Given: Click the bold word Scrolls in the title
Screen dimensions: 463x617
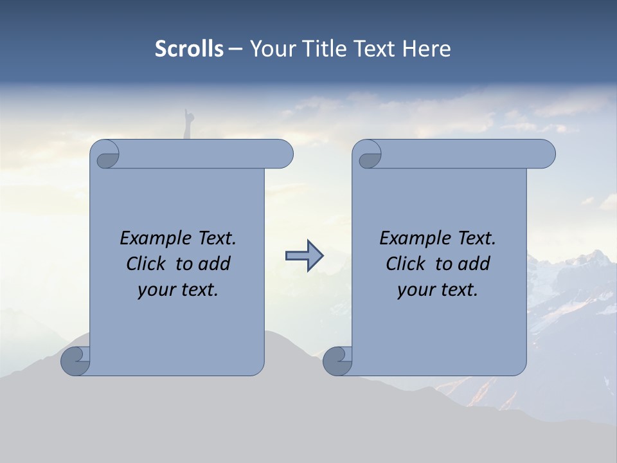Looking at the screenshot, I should (x=189, y=49).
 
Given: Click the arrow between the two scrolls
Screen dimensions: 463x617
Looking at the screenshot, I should (x=304, y=256).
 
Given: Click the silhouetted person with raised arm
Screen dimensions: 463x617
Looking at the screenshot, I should (x=188, y=124).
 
